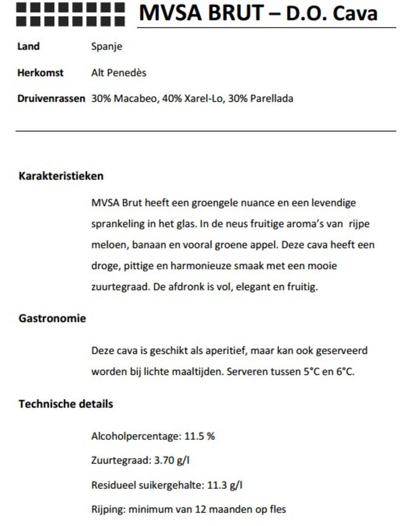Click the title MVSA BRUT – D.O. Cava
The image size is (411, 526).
(x=258, y=13)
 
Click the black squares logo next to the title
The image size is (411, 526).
(x=70, y=14)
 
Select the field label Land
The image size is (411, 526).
(x=28, y=46)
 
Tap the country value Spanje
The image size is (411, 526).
(x=106, y=47)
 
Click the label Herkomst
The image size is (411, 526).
(x=40, y=72)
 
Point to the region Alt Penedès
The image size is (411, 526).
(x=119, y=72)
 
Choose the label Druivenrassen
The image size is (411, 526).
(x=51, y=99)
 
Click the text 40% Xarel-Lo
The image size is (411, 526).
(x=193, y=99)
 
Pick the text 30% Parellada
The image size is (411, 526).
(x=260, y=99)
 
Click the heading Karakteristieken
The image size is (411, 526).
(x=61, y=176)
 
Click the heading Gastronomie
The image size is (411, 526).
(x=52, y=318)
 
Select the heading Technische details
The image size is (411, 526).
(x=65, y=404)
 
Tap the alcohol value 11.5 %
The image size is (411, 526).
(x=199, y=437)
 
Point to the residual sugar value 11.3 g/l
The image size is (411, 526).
(x=225, y=484)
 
